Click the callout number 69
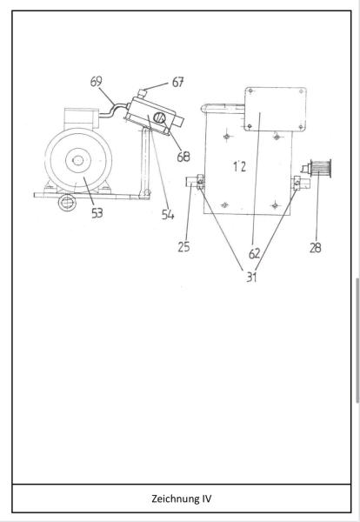point(97,82)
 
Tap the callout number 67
point(178,83)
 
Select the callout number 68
point(183,157)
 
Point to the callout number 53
point(97,213)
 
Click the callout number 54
point(168,215)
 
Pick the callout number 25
point(183,247)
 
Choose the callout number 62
point(255,254)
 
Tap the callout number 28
point(316,248)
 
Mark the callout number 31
point(251,277)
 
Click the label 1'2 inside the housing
point(239,166)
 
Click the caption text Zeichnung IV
point(182,499)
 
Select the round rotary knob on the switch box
point(159,117)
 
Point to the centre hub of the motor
point(78,160)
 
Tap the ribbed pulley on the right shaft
point(320,169)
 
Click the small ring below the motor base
point(67,203)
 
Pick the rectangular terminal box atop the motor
point(81,118)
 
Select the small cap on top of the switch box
point(142,93)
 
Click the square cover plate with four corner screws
point(275,110)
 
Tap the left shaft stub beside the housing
point(192,182)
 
